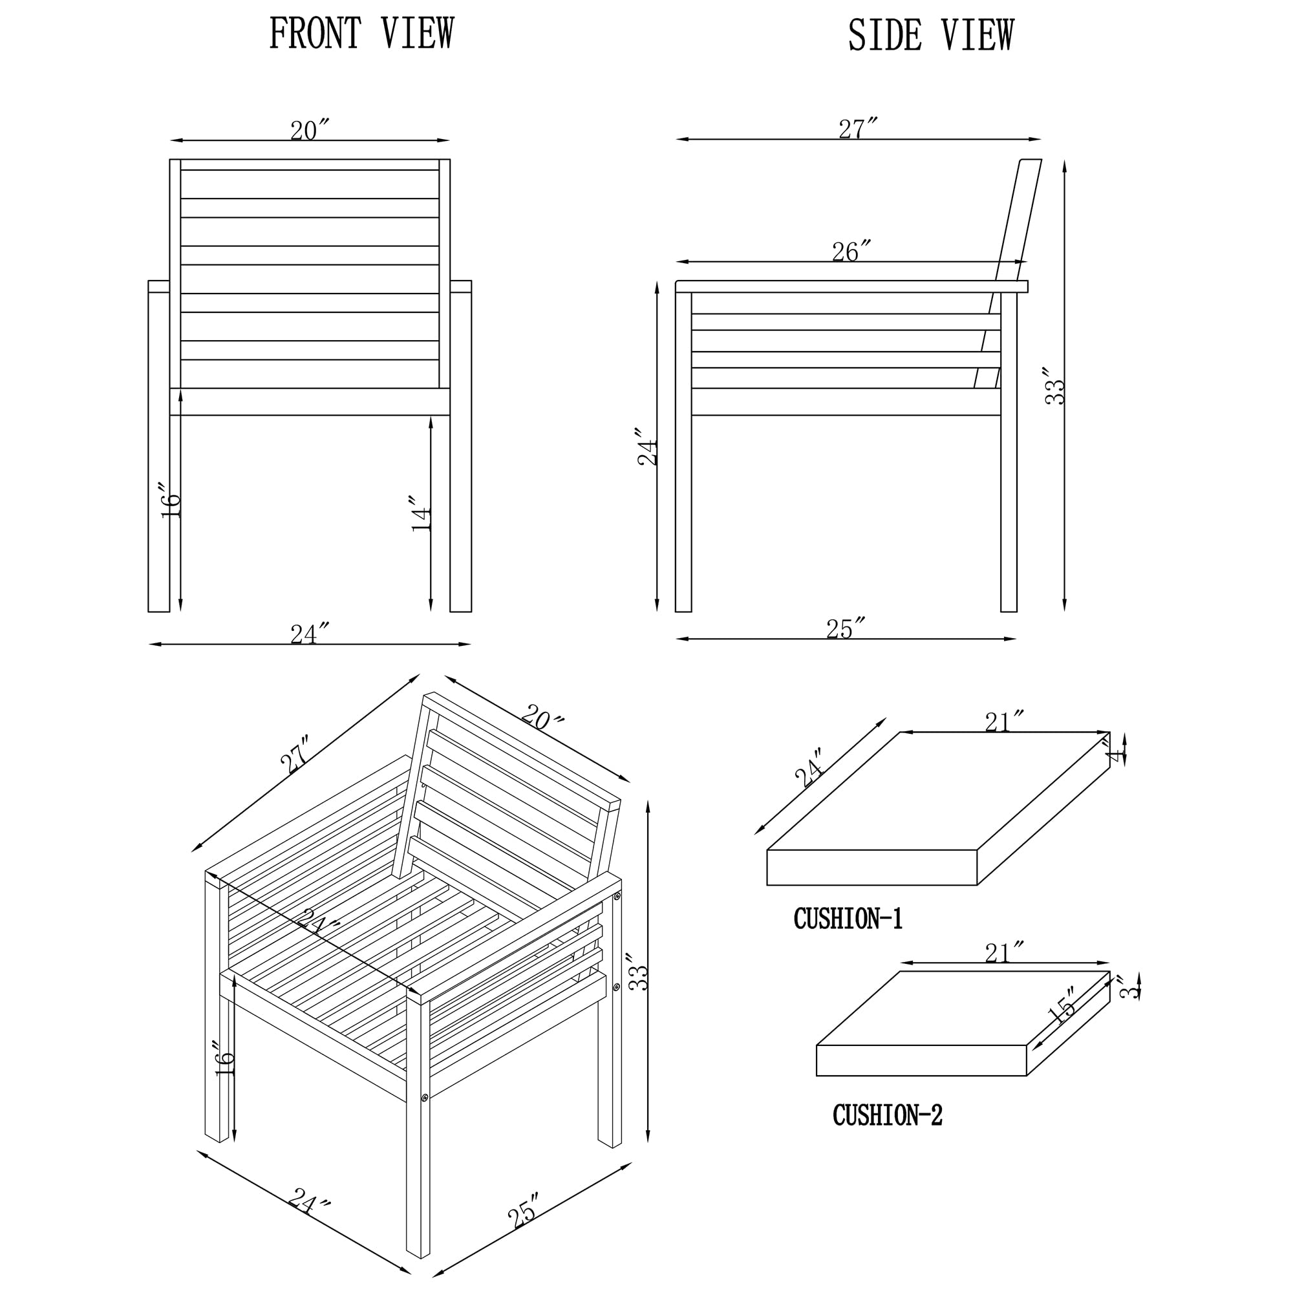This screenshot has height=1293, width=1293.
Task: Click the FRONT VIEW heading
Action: click(361, 34)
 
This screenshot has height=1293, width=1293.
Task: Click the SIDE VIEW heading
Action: click(931, 35)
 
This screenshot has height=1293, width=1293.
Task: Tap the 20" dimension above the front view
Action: click(310, 131)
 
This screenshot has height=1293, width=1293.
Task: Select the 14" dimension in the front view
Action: click(420, 514)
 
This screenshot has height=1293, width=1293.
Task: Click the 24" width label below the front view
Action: click(310, 633)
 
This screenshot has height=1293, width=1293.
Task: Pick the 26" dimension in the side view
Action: click(852, 251)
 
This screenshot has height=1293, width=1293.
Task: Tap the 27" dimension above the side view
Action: click(858, 129)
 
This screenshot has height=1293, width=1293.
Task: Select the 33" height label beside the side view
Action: click(1054, 385)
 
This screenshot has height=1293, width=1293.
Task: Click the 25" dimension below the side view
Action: click(846, 628)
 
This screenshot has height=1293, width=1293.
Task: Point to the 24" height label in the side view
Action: click(647, 446)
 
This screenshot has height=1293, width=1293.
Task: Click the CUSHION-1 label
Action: click(848, 919)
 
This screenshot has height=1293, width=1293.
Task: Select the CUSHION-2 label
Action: click(888, 1115)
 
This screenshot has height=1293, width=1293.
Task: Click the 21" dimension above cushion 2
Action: click(1005, 952)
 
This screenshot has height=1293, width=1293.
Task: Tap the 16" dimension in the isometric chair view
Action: click(225, 1058)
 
